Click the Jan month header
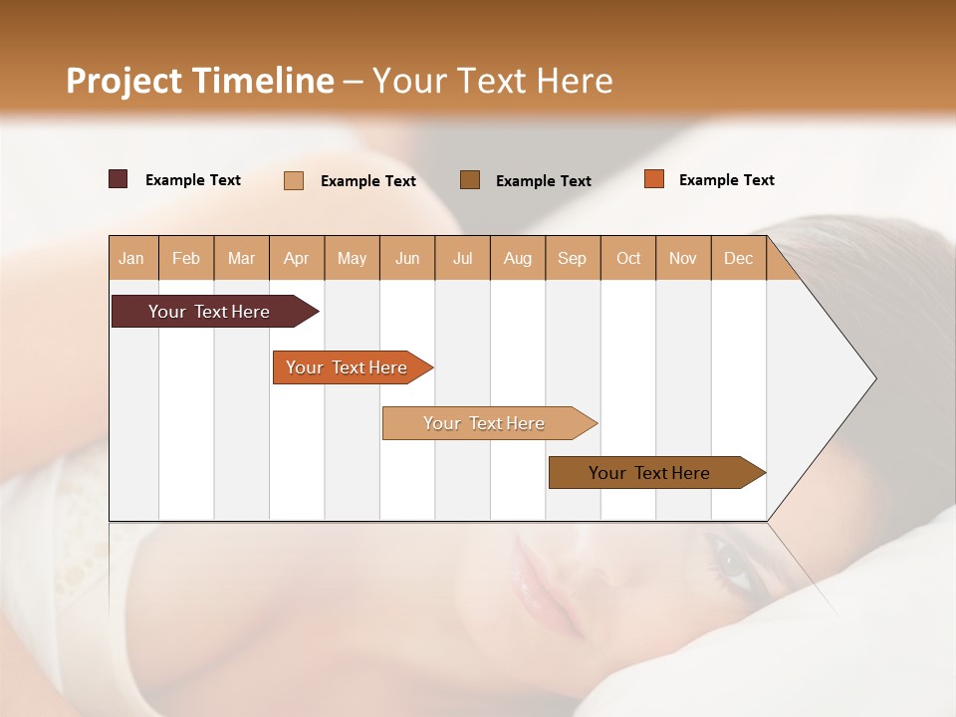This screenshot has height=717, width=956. point(131,258)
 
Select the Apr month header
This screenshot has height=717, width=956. point(296,258)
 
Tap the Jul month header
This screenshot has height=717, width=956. point(462,258)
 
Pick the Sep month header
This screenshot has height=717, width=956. point(572,258)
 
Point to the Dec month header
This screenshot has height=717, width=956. point(738,258)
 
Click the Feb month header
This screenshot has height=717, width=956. point(186,258)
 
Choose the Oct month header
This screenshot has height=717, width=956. point(628,258)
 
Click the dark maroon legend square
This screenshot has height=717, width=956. point(118,179)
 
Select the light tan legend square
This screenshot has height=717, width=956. point(294,180)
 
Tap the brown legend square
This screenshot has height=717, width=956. point(470,179)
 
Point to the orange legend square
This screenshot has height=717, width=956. point(654,179)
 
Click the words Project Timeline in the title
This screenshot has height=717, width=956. point(199,81)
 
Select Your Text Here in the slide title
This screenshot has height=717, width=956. point(492,81)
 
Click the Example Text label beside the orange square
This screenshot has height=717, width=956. point(726,180)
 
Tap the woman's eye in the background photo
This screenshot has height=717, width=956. point(735,564)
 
